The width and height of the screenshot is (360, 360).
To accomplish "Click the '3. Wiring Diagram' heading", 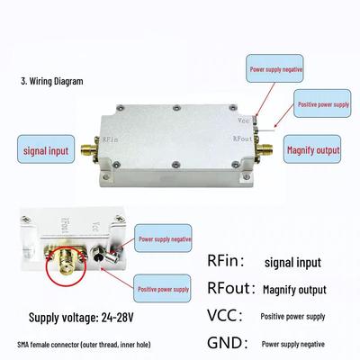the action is click(52, 81).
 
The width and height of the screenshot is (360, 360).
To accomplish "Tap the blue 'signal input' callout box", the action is click(46, 149).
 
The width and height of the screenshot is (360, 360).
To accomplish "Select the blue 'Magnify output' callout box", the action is click(312, 149).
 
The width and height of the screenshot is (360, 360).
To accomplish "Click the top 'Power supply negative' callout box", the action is click(274, 68).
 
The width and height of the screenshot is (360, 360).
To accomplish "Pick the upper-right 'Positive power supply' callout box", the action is click(322, 103).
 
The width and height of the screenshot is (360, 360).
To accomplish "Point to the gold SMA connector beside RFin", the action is click(89, 148).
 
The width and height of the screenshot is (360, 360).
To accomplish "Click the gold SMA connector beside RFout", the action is click(264, 148).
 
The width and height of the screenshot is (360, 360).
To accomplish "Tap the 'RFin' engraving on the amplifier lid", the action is click(110, 139).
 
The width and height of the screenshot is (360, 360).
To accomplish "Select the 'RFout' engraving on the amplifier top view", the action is click(242, 139).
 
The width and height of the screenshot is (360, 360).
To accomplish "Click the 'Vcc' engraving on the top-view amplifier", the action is click(244, 121).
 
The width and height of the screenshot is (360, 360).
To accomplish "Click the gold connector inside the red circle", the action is click(66, 259).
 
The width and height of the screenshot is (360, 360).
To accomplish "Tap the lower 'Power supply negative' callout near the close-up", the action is click(163, 238).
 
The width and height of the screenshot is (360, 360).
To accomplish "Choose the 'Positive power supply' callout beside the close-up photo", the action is click(162, 288).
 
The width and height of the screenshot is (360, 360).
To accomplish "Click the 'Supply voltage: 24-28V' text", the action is click(81, 318).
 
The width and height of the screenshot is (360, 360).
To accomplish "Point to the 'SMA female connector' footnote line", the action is click(84, 345).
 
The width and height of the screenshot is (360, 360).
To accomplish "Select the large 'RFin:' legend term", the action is click(225, 260).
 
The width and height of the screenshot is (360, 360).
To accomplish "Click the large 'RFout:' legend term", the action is click(231, 288).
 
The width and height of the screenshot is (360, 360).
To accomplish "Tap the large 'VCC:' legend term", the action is click(224, 315).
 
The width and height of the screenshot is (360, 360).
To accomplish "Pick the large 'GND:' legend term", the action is click(228, 343).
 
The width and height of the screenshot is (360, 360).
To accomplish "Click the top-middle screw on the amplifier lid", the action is click(177, 108).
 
